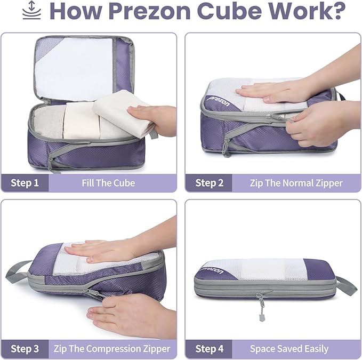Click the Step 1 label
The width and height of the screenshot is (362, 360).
(25, 183)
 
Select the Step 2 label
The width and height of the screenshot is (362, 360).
(210, 183)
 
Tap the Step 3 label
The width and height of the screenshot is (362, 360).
(25, 349)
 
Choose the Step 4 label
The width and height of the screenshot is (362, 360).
(210, 349)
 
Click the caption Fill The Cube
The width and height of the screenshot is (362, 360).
(108, 183)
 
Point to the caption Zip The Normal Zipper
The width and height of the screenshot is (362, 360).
(296, 183)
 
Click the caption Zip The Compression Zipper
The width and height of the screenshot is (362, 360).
(112, 349)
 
